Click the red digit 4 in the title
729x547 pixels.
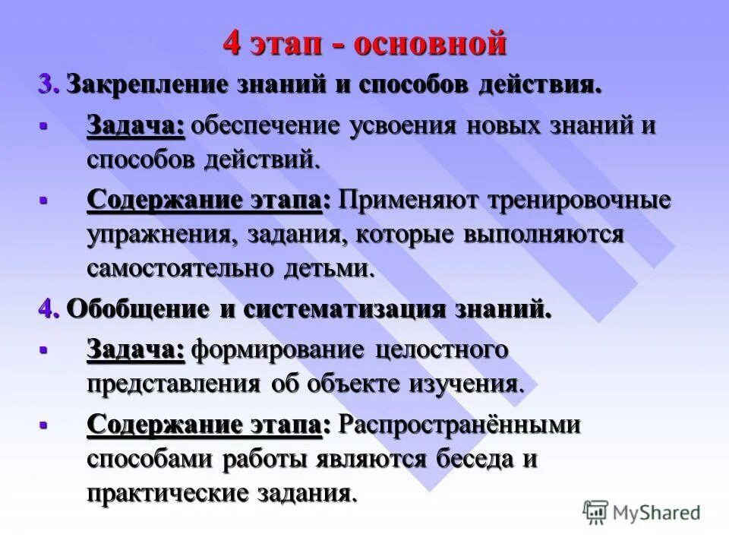point(232,44)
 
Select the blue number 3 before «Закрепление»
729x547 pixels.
point(46,84)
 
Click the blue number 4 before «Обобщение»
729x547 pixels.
point(46,309)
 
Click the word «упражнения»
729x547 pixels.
point(160,235)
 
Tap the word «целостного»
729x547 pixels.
point(441,350)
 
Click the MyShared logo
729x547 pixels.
point(642,511)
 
